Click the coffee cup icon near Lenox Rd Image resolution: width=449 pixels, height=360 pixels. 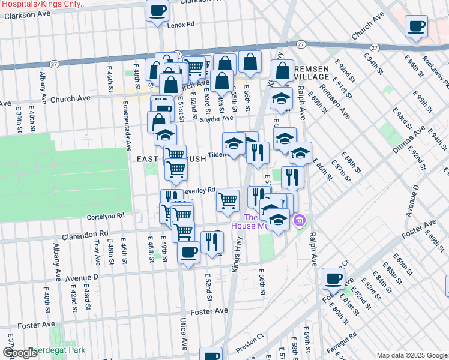(158, 11)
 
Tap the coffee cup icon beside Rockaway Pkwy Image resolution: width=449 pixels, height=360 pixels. (416, 27)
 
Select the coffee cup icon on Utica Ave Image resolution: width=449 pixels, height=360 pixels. (188, 252)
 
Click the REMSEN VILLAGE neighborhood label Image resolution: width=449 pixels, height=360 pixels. (312, 73)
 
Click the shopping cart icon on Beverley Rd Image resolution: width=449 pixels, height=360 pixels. (228, 200)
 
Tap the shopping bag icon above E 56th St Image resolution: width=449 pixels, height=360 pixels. (250, 61)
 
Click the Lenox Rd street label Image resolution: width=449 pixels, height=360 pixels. (181, 25)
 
